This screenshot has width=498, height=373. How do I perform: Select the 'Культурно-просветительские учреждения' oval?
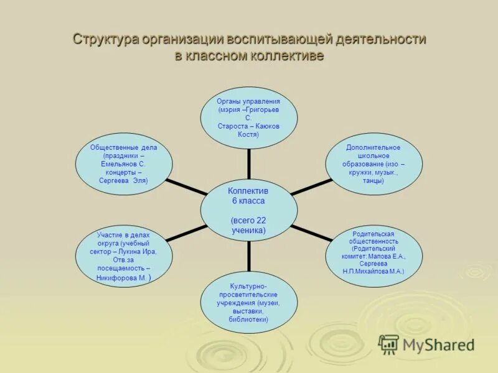click(x=248, y=302)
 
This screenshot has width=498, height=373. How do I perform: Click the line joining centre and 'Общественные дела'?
click(x=186, y=188)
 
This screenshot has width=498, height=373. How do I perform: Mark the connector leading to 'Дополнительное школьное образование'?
click(x=311, y=187)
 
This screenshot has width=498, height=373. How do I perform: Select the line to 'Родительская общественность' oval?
click(x=311, y=233)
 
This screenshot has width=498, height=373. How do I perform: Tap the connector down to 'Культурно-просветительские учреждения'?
click(x=248, y=256)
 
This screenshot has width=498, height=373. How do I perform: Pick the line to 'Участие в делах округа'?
click(x=186, y=233)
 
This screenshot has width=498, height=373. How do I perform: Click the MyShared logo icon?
click(x=388, y=344)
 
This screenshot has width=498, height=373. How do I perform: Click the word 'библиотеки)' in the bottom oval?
click(x=248, y=319)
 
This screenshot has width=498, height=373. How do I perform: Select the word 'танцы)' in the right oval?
click(x=374, y=181)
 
